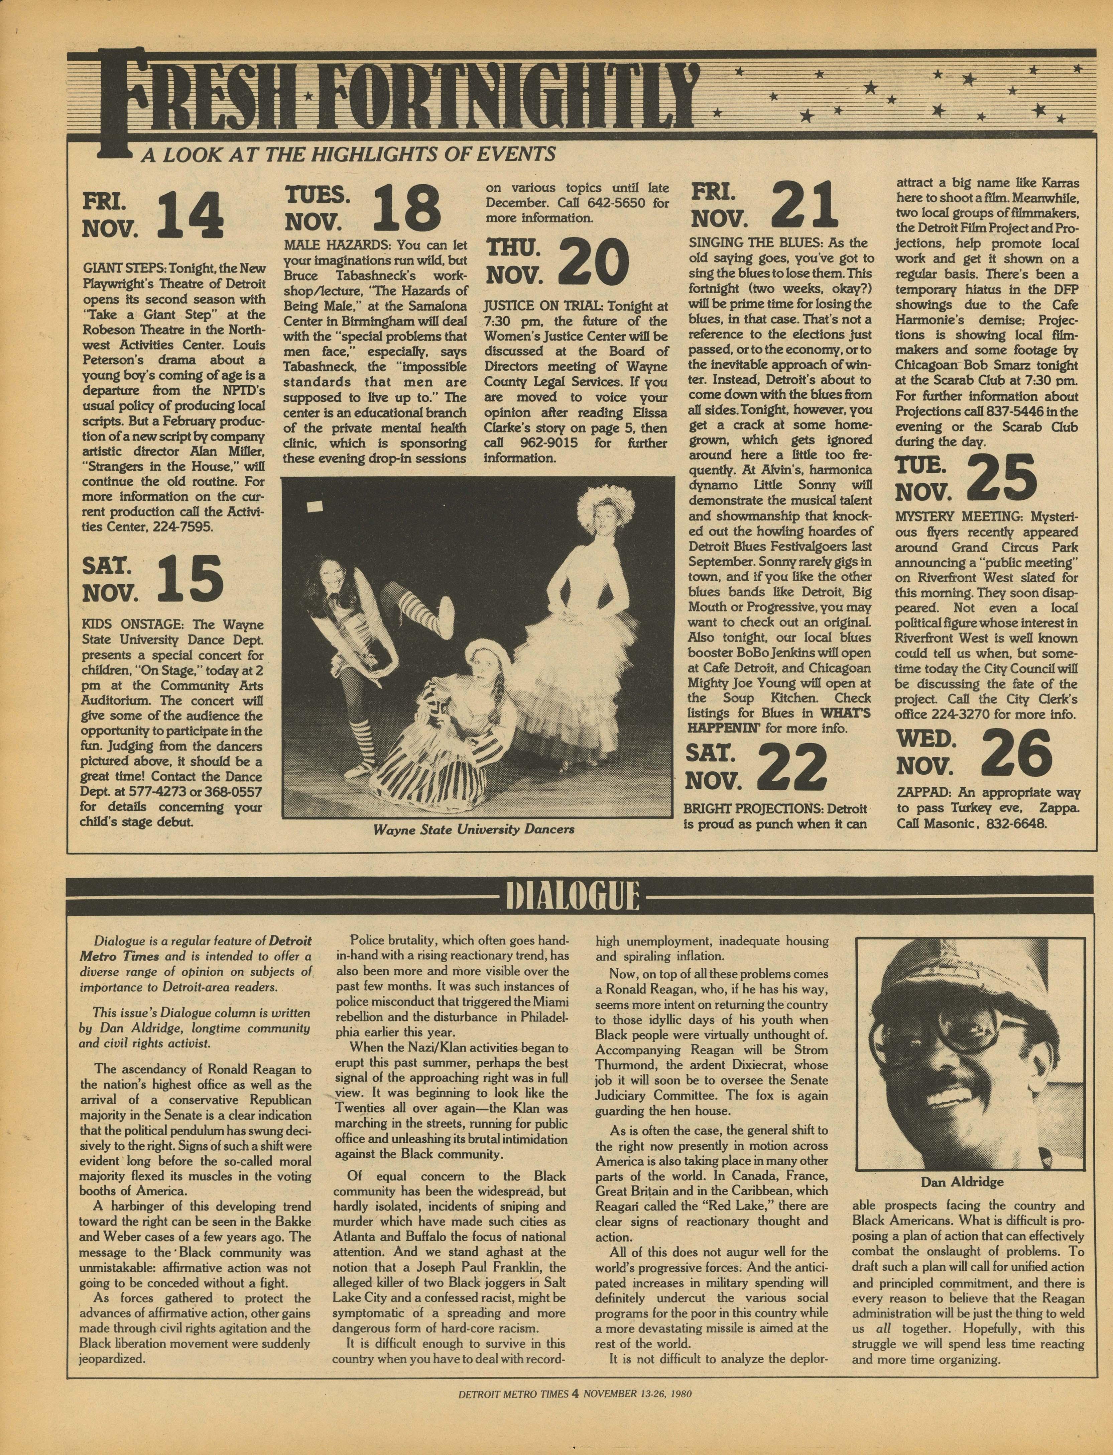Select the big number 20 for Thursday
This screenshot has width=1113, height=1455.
point(593,262)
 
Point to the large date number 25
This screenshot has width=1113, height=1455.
point(1002,479)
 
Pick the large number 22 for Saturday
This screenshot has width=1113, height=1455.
point(792,768)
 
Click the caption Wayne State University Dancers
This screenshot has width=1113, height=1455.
point(473,829)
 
